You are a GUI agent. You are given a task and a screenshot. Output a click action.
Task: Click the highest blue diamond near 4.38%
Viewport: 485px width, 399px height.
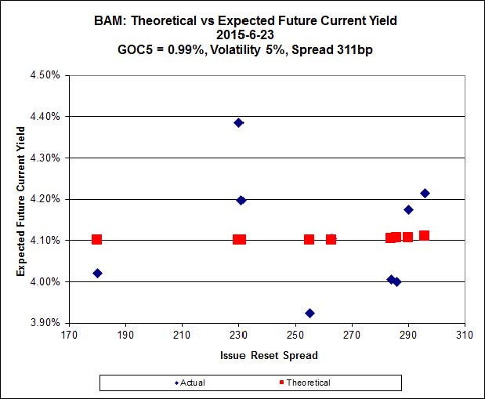coord(238,122)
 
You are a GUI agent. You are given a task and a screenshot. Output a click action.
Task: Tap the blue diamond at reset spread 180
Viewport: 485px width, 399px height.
coord(97,273)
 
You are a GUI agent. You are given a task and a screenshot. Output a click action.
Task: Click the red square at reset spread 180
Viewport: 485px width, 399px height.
coord(97,239)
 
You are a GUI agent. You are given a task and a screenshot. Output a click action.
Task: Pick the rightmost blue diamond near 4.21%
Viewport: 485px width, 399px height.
coord(425,193)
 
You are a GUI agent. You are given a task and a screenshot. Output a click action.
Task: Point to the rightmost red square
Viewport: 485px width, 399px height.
coord(424,235)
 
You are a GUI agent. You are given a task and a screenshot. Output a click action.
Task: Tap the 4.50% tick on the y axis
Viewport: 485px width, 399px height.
coord(45,75)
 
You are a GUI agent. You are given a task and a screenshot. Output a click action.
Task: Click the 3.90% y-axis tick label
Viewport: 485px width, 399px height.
coord(45,322)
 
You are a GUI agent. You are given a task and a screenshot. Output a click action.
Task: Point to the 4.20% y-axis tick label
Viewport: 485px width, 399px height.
coord(45,199)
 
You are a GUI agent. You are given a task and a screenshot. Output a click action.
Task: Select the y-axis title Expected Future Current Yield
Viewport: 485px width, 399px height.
coord(21,199)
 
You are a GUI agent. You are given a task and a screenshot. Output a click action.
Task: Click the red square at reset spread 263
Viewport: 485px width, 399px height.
coord(331,239)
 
